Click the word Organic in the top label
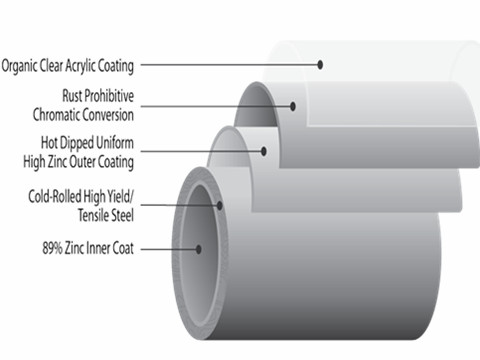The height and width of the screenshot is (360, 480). coord(21,67)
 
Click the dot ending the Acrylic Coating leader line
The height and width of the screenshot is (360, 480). coord(321,65)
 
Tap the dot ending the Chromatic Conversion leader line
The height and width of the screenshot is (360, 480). coord(294,104)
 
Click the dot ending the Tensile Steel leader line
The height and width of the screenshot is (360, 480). coord(219,204)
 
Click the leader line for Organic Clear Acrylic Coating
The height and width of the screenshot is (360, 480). coord(230,66)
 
